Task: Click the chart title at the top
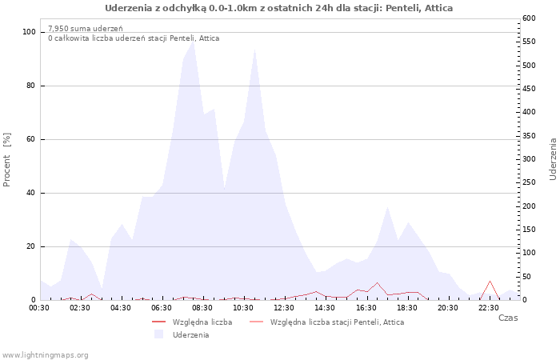pyautogui.click(x=278, y=8)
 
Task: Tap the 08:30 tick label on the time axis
pyautogui.click(x=202, y=308)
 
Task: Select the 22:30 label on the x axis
pyautogui.click(x=489, y=308)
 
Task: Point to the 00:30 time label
pyautogui.click(x=39, y=308)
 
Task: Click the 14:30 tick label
pyautogui.click(x=325, y=308)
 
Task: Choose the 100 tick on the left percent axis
pyautogui.click(x=29, y=32)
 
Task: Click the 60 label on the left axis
pyautogui.click(x=31, y=139)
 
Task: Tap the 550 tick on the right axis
pyautogui.click(x=530, y=42)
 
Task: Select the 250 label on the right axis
pyautogui.click(x=530, y=182)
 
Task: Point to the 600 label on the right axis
pyautogui.click(x=530, y=18)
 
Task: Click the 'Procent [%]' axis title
pyautogui.click(x=6, y=160)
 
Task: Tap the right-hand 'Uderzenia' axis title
pyautogui.click(x=553, y=159)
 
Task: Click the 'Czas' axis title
pyautogui.click(x=508, y=318)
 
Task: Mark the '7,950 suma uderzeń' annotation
pyautogui.click(x=86, y=29)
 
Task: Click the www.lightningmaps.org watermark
pyautogui.click(x=45, y=355)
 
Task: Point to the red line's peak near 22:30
pyautogui.click(x=490, y=281)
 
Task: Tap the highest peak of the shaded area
pyautogui.click(x=194, y=42)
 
